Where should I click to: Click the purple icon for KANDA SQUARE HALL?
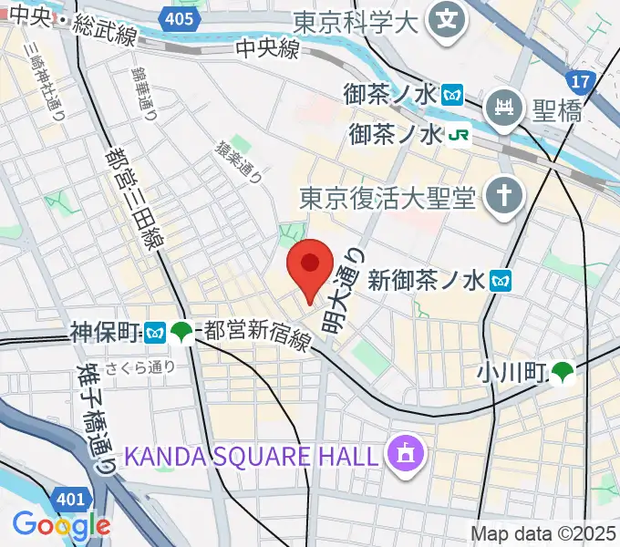click(x=401, y=451)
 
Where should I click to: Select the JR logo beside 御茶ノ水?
click(x=459, y=135)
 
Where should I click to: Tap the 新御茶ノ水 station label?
click(x=428, y=281)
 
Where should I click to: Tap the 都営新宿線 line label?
click(x=258, y=335)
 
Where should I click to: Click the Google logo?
click(x=60, y=524)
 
